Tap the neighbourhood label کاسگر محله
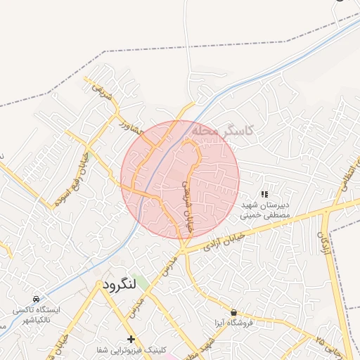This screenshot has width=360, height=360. [221, 131]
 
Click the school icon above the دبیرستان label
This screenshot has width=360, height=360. [265, 193]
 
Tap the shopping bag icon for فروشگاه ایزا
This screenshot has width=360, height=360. [233, 312]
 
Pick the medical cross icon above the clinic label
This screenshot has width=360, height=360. [131, 339]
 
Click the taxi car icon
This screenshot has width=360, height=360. [37, 298]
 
